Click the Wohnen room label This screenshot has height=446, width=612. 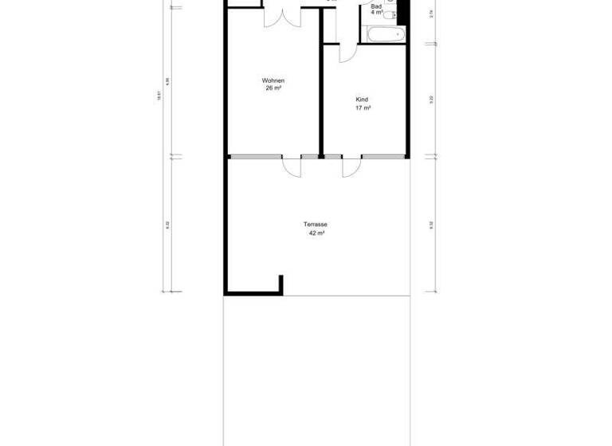(x=273, y=80)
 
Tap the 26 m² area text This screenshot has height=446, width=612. (x=273, y=88)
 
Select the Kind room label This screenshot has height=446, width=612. (x=362, y=100)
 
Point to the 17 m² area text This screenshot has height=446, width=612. (x=362, y=108)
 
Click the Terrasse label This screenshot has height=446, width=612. (x=316, y=225)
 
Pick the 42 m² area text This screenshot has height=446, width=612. (x=316, y=233)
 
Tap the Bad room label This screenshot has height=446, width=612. (x=376, y=6)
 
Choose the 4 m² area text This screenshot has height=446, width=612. (x=377, y=13)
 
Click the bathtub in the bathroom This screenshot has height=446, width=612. (x=385, y=34)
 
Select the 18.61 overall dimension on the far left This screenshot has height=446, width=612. (x=159, y=94)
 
